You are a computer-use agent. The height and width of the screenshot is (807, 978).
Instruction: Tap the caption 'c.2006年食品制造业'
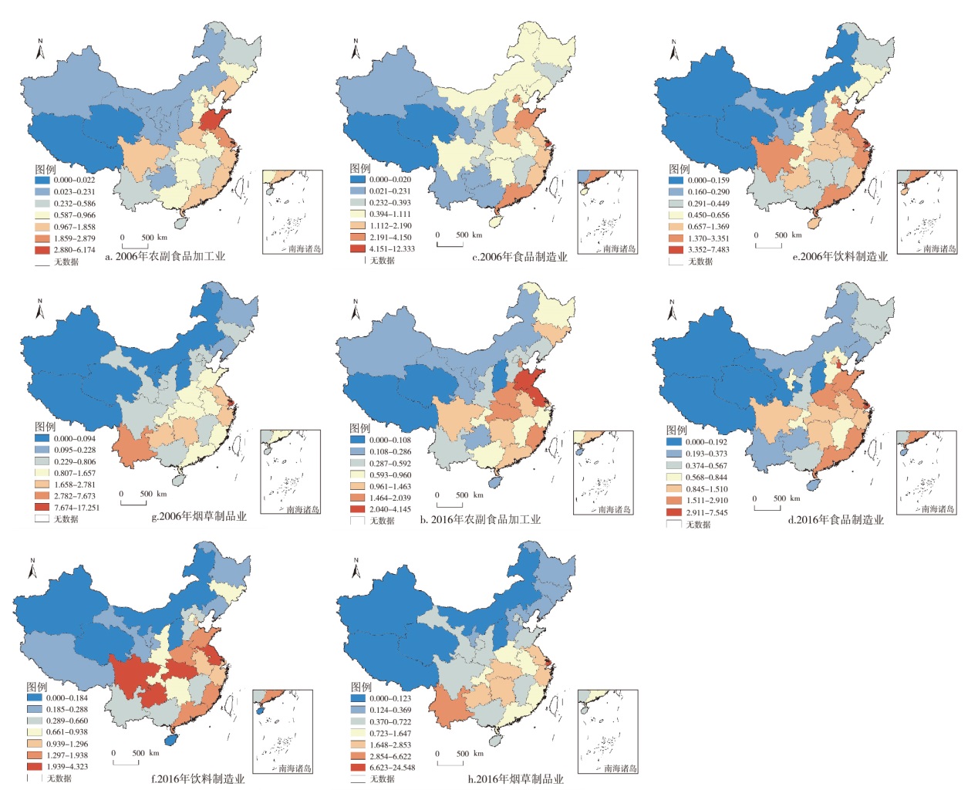tap(519, 257)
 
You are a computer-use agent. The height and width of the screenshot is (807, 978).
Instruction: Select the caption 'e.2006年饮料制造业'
tap(840, 257)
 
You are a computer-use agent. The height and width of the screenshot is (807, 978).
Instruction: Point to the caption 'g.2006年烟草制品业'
tap(199, 516)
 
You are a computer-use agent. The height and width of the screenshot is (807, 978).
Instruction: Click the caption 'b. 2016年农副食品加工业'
tap(480, 520)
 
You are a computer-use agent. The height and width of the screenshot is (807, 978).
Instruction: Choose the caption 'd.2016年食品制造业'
tap(835, 520)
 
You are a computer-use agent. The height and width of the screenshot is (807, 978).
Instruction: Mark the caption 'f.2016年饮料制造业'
tap(197, 779)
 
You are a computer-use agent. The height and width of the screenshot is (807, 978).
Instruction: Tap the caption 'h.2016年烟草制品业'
tap(515, 779)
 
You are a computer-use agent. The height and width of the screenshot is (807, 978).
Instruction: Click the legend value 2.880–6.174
tap(75, 250)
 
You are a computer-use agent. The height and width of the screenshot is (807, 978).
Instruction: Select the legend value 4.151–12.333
tap(392, 248)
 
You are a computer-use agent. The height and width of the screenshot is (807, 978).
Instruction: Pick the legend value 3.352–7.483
tap(708, 249)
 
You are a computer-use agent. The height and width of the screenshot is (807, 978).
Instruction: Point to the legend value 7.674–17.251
tap(76, 508)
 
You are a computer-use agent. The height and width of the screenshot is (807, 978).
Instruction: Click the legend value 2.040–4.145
tap(390, 509)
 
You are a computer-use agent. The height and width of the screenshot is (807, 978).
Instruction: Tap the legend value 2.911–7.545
tap(707, 512)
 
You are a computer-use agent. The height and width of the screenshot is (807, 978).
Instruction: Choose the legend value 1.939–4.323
tap(66, 767)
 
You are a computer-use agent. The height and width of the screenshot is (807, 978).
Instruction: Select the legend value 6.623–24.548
tap(391, 768)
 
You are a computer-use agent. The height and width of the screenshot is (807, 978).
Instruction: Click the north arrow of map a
tap(40, 50)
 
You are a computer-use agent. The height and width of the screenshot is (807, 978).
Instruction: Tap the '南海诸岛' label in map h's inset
tap(619, 768)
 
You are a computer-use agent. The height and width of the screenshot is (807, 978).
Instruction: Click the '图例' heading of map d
tap(676, 430)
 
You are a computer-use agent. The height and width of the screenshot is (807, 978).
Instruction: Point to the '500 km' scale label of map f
tap(140, 753)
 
